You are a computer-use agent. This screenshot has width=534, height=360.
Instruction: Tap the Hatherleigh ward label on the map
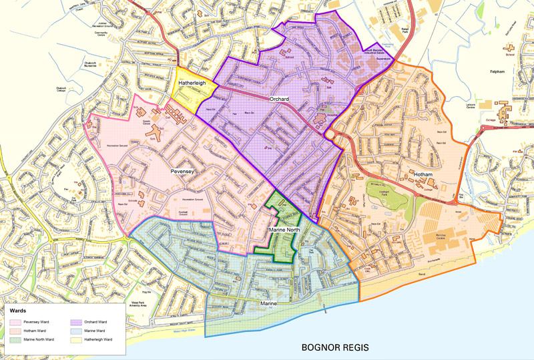tap(192, 83)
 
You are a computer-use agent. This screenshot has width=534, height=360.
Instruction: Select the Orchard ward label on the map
tap(279, 100)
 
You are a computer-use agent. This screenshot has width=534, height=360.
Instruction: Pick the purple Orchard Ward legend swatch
tap(75, 322)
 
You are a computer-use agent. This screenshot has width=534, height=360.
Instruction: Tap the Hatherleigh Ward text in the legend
tap(98, 340)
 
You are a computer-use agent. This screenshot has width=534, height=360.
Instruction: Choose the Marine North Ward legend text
tap(41, 340)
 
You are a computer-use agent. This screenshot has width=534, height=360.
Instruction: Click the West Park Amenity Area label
tap(157, 305)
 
